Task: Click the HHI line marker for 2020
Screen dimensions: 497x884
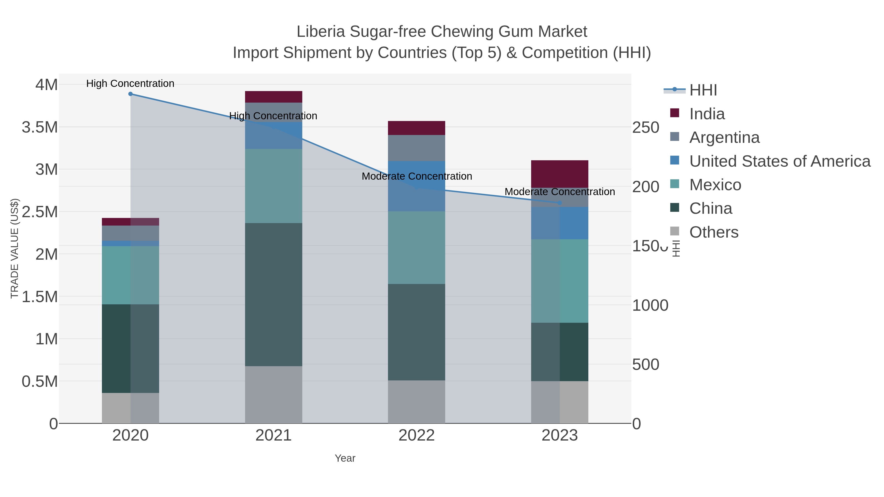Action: pyautogui.click(x=130, y=94)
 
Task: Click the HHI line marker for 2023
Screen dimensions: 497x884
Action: pyautogui.click(x=560, y=203)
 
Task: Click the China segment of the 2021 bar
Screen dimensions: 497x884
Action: pyautogui.click(x=274, y=294)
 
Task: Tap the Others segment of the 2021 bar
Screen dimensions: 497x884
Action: pyautogui.click(x=274, y=394)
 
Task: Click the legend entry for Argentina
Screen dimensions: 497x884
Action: pyautogui.click(x=724, y=137)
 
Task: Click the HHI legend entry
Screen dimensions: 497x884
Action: pyautogui.click(x=703, y=90)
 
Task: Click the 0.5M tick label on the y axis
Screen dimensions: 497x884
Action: pyautogui.click(x=40, y=381)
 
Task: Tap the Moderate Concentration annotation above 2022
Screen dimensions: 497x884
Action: pyautogui.click(x=417, y=176)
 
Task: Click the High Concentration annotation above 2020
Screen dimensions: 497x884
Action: pyautogui.click(x=130, y=84)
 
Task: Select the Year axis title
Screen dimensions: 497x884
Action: pyautogui.click(x=345, y=458)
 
